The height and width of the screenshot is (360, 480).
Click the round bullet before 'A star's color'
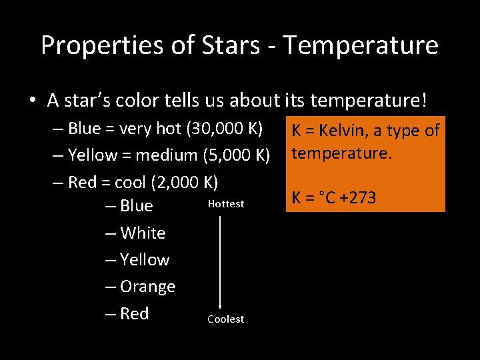[x=33, y=101]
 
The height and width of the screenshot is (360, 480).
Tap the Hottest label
[x=226, y=203]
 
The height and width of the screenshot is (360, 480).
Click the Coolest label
[x=225, y=319]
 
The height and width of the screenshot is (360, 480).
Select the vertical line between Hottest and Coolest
[x=220, y=260]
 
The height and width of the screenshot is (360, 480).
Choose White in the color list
[x=143, y=233]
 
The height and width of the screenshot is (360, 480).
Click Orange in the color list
[x=147, y=287]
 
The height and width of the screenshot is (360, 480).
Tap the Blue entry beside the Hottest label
[x=137, y=206]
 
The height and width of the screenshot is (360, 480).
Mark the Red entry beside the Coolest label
[x=135, y=313]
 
